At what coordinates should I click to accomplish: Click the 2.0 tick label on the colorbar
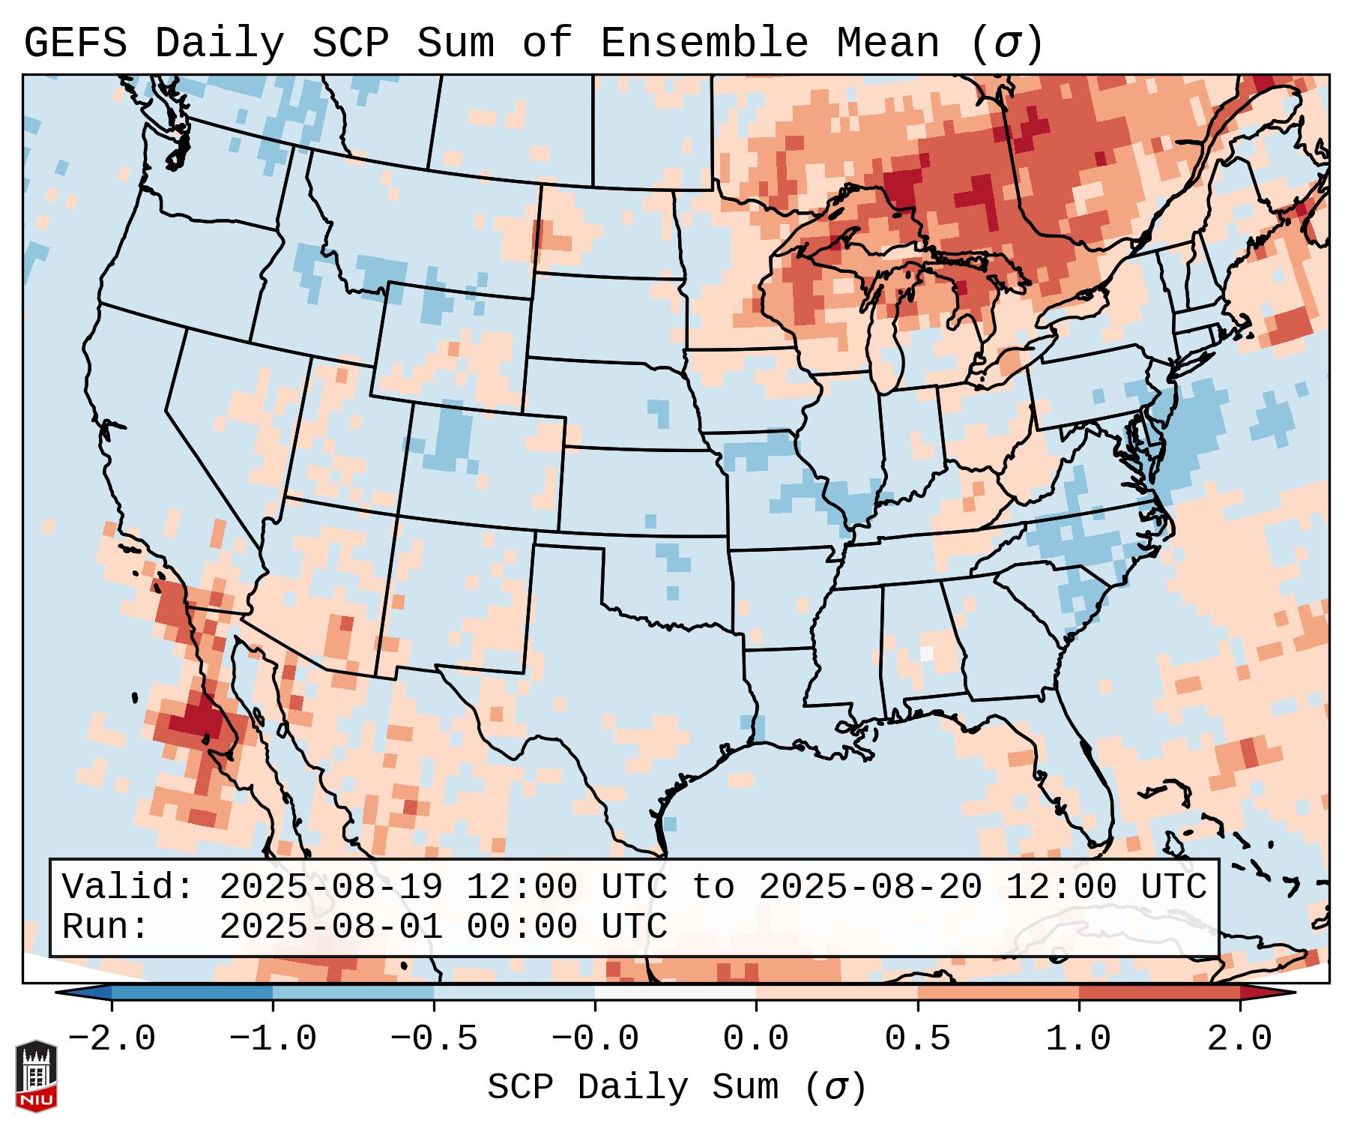(1239, 1039)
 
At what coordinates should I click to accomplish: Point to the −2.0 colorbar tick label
(112, 1039)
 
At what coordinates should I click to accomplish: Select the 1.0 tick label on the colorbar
(1078, 1039)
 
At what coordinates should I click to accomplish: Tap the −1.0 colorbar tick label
(272, 1039)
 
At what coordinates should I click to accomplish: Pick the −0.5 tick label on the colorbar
(434, 1039)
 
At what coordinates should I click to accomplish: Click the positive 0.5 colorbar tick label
(917, 1039)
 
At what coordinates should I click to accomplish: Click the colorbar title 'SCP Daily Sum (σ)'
(677, 1088)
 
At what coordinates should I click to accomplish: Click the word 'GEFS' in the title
(75, 43)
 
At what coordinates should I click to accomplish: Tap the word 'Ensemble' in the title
(704, 43)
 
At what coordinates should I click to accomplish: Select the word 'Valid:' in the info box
(128, 888)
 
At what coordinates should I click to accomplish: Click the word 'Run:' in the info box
(106, 927)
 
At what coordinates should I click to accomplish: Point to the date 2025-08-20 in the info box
(870, 888)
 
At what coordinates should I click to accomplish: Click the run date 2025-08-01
(330, 927)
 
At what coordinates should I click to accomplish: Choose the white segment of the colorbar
(675, 993)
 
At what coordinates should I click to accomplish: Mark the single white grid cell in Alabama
(927, 653)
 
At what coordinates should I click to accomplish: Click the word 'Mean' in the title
(888, 43)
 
